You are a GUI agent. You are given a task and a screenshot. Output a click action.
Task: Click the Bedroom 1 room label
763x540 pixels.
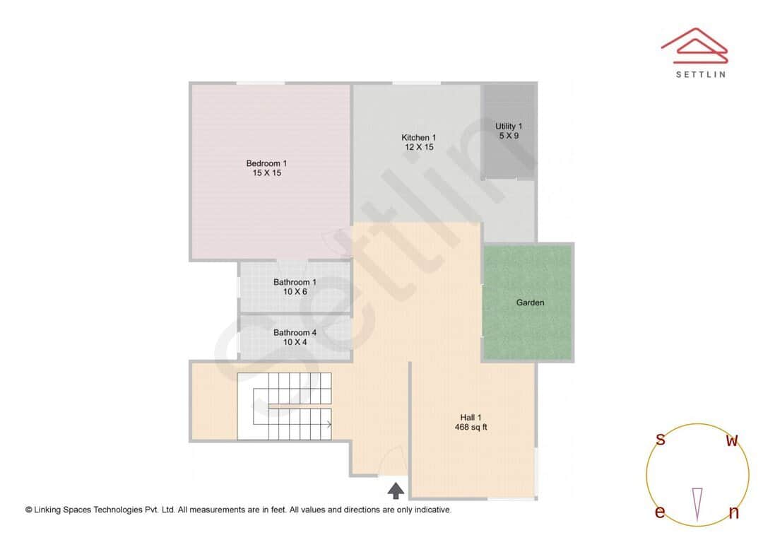click(266, 163)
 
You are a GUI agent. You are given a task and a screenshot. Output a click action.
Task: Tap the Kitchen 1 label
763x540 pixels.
click(419, 138)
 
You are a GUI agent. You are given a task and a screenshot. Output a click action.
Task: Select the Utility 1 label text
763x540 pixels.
click(509, 127)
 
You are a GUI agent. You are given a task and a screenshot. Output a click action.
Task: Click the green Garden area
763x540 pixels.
click(528, 302)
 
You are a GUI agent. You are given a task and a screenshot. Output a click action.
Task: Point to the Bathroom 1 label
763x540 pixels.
click(295, 283)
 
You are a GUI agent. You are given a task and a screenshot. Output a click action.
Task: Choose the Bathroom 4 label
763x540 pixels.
click(295, 333)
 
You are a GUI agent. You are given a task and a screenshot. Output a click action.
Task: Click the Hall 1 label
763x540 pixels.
click(471, 418)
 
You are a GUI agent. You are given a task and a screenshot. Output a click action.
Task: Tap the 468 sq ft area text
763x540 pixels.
click(471, 427)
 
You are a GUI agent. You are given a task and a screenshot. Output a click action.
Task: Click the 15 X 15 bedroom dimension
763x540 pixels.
click(266, 172)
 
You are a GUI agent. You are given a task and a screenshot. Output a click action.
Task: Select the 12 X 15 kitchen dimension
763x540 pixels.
click(419, 147)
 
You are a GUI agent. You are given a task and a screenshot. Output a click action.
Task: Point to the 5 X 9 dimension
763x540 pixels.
click(509, 136)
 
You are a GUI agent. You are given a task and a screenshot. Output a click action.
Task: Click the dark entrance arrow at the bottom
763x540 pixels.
click(396, 489)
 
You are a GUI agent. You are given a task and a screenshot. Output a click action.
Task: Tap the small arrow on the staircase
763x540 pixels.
click(329, 424)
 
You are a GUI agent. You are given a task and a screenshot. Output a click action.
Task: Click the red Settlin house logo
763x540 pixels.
click(694, 44)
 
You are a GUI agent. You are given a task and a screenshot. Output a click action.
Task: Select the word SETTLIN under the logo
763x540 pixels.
click(700, 74)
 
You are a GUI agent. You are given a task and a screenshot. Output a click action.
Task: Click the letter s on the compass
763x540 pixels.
click(661, 440)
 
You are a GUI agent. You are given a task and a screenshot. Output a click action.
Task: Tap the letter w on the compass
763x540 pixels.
click(733, 441)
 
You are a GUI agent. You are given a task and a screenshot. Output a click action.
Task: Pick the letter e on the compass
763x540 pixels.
click(660, 512)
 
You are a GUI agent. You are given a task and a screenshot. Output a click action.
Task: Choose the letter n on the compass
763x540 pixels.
click(733, 513)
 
